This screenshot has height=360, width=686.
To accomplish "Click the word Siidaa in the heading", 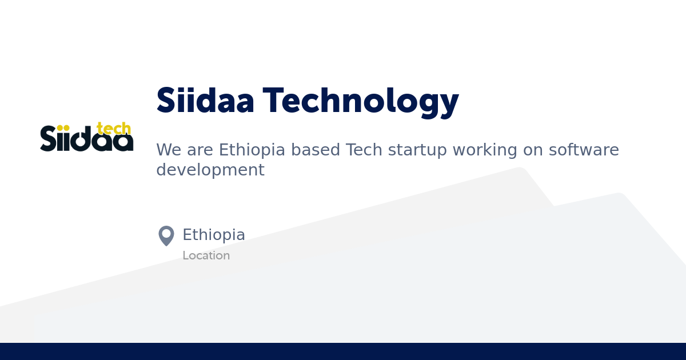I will tap(205, 101).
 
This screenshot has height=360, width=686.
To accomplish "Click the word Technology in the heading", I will tap(361, 102).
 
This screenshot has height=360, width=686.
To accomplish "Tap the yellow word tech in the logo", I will tap(114, 129).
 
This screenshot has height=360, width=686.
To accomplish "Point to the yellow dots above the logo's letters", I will tap(63, 128).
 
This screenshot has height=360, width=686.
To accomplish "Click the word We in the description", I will tap(167, 150).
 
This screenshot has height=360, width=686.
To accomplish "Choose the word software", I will tap(584, 150).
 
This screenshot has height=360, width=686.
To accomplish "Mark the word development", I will tap(210, 170).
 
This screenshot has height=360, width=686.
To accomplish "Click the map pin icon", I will tap(166, 235).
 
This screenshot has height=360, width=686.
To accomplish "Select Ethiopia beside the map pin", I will tap(214, 235).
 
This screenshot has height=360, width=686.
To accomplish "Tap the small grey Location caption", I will tap(206, 256).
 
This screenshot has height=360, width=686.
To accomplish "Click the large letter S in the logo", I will tap(48, 139).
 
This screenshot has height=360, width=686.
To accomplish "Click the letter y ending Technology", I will tap(449, 104).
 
